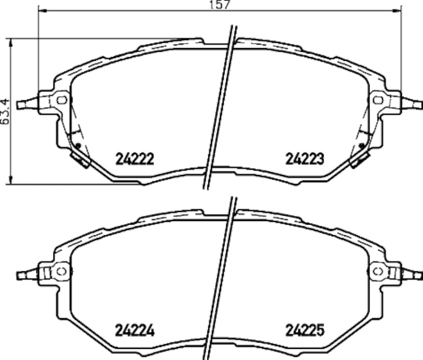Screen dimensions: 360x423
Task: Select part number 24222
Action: point(134,159)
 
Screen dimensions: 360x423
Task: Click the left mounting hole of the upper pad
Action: point(61,99)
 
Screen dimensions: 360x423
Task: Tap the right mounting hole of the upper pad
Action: point(379,99)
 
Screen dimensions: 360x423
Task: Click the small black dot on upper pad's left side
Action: point(78,145)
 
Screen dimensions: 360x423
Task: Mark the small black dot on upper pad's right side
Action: point(361,145)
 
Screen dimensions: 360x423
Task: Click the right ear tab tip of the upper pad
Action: point(418,104)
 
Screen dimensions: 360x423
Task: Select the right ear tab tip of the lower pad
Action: point(418,275)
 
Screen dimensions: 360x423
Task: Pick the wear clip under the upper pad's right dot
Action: point(358,159)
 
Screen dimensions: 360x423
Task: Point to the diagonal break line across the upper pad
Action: point(219,106)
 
